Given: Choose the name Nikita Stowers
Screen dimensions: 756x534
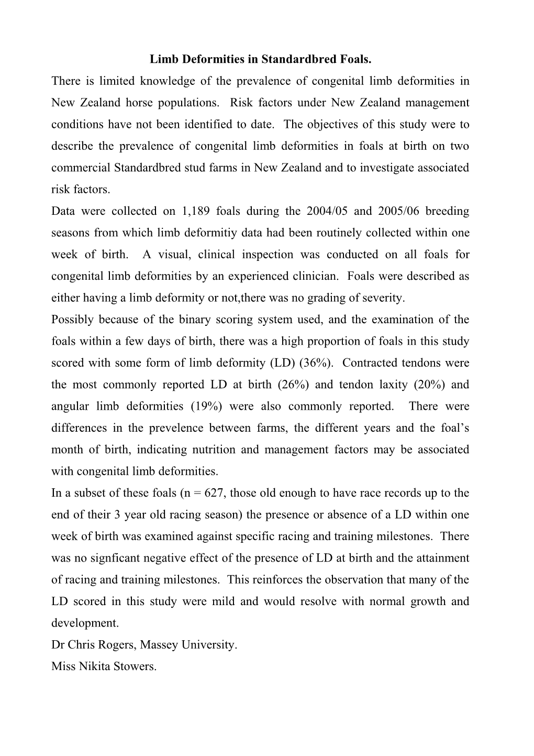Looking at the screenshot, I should click(116, 666).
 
